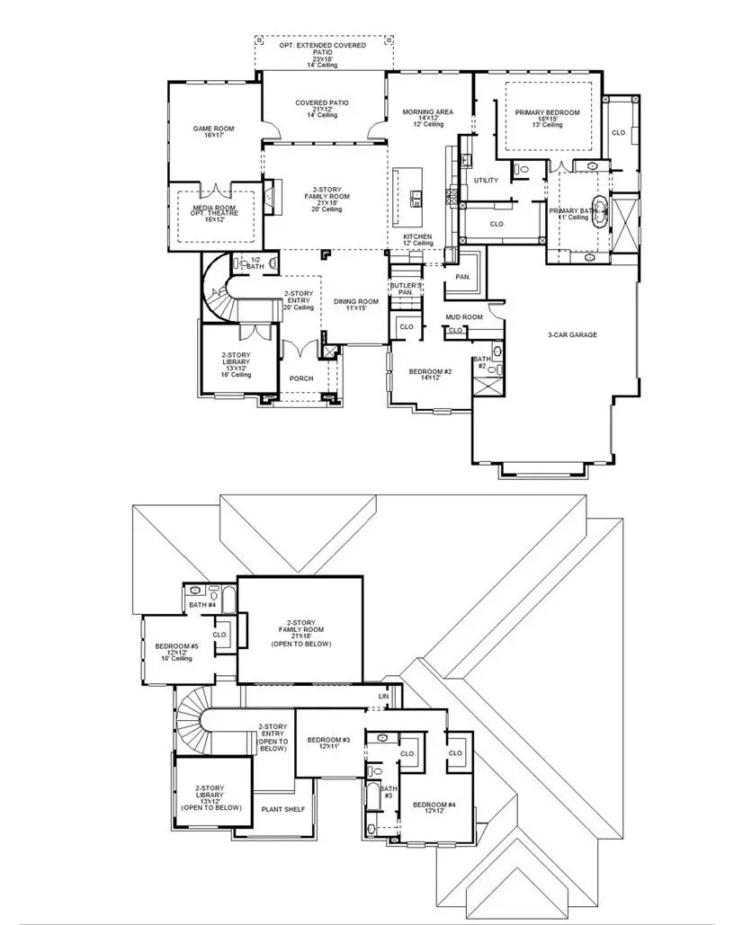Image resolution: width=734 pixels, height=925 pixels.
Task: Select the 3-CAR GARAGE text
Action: [572, 335]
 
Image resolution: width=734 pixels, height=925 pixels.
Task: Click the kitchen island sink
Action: [416, 197]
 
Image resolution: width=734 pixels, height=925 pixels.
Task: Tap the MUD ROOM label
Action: [464, 317]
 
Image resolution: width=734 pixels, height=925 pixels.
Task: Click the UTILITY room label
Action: [486, 181]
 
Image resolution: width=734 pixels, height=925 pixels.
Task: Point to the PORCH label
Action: [300, 378]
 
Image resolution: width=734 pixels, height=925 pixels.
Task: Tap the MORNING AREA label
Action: [428, 112]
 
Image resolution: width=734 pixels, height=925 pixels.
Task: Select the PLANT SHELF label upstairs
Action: [282, 809]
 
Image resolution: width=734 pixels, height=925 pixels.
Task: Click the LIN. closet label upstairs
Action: [384, 697]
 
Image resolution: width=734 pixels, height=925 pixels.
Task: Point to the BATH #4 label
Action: [202, 605]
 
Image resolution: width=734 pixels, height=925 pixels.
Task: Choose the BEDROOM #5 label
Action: [176, 646]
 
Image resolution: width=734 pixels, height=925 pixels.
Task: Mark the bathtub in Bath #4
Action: [228, 596]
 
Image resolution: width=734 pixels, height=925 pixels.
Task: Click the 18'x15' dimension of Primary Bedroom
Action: [547, 119]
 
